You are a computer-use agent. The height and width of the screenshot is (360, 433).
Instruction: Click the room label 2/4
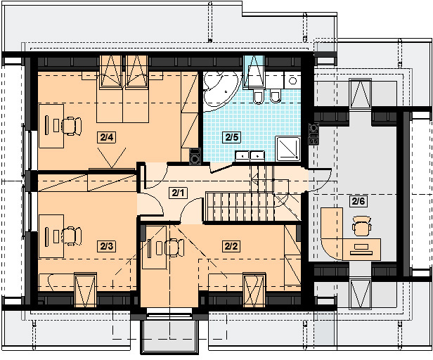(x=107, y=137)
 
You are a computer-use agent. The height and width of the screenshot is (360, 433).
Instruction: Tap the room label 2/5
(x=231, y=137)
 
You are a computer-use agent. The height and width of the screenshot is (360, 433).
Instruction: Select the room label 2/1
(x=178, y=193)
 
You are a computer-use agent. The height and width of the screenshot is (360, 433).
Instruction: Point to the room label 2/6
(x=358, y=201)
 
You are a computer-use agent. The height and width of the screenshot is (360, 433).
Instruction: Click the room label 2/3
(x=107, y=246)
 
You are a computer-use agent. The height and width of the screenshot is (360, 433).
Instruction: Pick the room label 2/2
(x=231, y=246)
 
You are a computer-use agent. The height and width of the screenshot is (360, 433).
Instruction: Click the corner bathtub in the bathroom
(x=221, y=91)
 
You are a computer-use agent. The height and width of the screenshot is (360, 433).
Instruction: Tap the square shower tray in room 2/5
(x=288, y=148)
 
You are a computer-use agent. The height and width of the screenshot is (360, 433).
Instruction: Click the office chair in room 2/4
(x=72, y=127)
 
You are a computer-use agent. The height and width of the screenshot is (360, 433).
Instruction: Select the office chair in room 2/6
(x=362, y=226)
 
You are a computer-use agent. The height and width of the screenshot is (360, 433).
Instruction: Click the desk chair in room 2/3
(x=72, y=236)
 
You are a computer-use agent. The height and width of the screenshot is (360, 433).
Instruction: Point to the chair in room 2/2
(x=174, y=247)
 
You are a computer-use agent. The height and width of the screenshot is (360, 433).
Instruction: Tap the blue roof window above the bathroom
(x=254, y=71)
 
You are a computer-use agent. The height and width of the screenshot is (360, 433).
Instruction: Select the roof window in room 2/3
(x=85, y=290)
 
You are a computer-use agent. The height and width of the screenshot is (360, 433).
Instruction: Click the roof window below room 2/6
(x=360, y=294)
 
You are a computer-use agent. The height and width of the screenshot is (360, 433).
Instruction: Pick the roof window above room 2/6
(x=360, y=94)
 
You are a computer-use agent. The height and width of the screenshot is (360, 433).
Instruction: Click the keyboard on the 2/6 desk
(x=361, y=252)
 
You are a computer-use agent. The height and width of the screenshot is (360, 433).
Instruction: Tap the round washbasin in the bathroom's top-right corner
(x=292, y=81)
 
